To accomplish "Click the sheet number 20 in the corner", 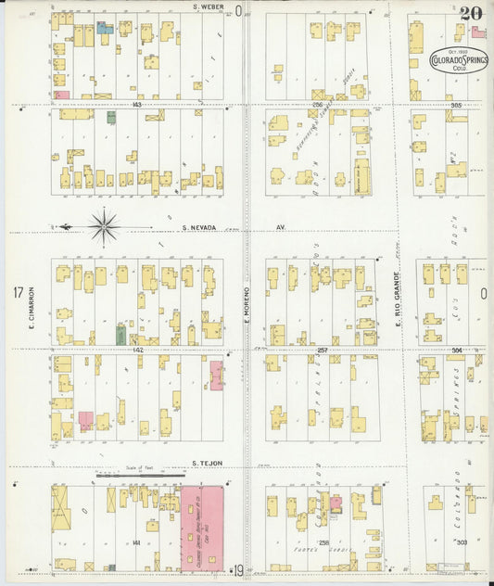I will click(469, 13).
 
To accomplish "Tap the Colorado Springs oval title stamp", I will click(460, 61).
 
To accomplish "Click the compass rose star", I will click(104, 226).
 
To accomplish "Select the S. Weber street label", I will click(210, 7).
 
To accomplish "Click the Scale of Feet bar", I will click(139, 475).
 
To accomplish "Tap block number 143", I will click(137, 105).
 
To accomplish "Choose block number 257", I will click(323, 350).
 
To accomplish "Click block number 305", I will click(456, 105).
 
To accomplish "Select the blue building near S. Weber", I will click(106, 29).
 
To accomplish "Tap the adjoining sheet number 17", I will click(17, 293).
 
